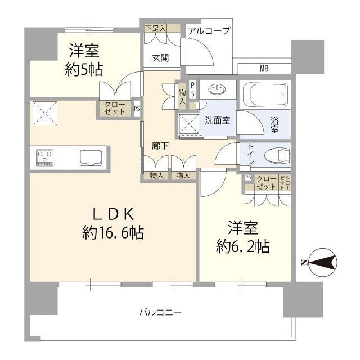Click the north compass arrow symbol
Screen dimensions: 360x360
point(318,261)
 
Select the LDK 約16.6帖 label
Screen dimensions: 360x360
point(113,223)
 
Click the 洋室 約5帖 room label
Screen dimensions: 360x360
point(84,61)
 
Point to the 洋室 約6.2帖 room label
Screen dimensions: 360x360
point(243,237)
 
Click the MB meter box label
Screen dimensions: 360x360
point(264,69)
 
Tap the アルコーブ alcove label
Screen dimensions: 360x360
point(209,31)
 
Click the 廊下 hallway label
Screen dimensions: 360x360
point(160,146)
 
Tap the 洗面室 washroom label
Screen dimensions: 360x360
point(217,120)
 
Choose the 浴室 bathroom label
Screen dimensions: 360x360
point(275,124)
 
